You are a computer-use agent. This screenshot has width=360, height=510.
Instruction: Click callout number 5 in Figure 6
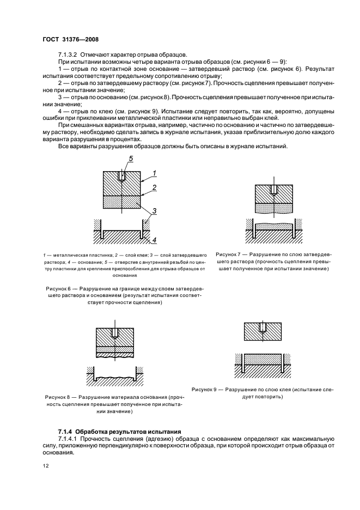[131, 159]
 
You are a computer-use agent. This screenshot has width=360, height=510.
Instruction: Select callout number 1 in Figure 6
[154, 173]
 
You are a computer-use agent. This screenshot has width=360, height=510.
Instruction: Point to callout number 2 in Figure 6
[154, 187]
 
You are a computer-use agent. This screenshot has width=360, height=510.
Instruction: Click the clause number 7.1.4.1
[69, 438]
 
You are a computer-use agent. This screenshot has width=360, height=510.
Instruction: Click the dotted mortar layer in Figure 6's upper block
[123, 202]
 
